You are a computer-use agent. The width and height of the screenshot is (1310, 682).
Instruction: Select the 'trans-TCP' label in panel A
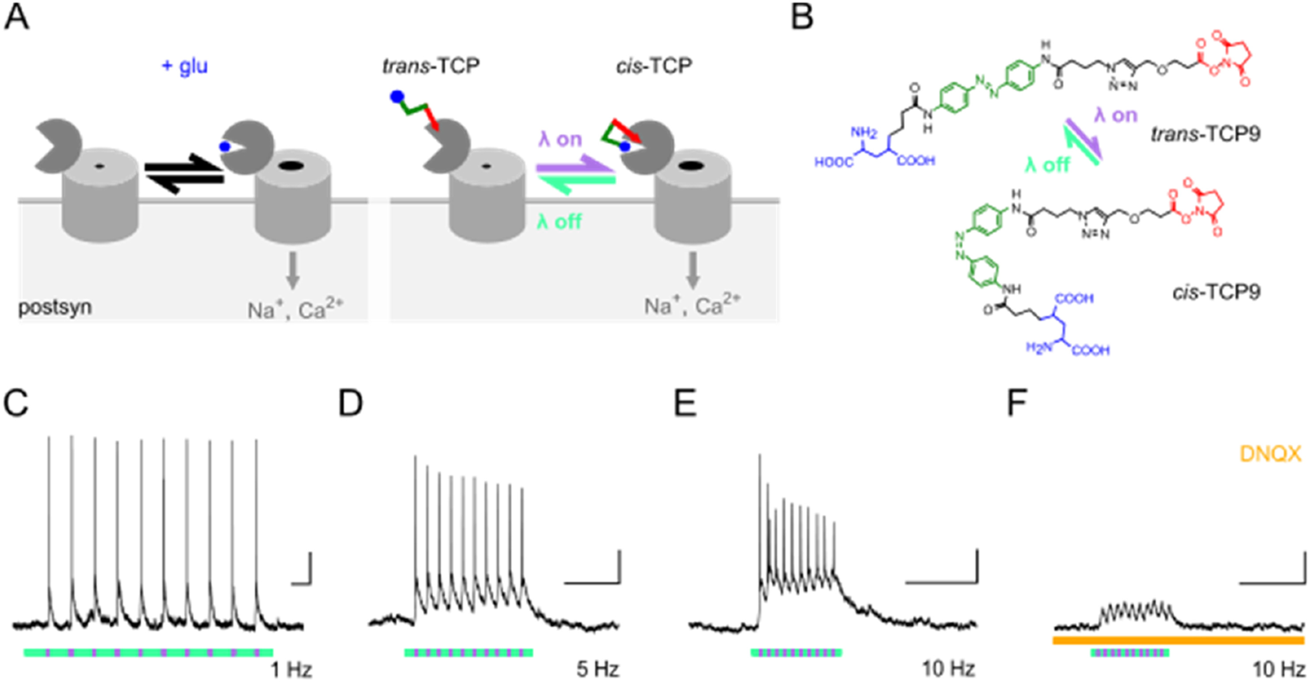(431, 66)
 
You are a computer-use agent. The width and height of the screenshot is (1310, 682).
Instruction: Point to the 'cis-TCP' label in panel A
(654, 66)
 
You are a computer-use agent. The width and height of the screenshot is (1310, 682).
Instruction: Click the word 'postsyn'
(55, 307)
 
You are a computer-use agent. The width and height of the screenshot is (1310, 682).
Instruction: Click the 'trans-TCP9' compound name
(1205, 134)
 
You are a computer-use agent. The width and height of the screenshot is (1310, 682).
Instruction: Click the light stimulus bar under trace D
(468, 652)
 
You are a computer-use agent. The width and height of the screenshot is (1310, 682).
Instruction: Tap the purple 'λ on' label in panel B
(1116, 115)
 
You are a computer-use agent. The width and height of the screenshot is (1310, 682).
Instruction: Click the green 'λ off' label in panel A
(559, 222)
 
